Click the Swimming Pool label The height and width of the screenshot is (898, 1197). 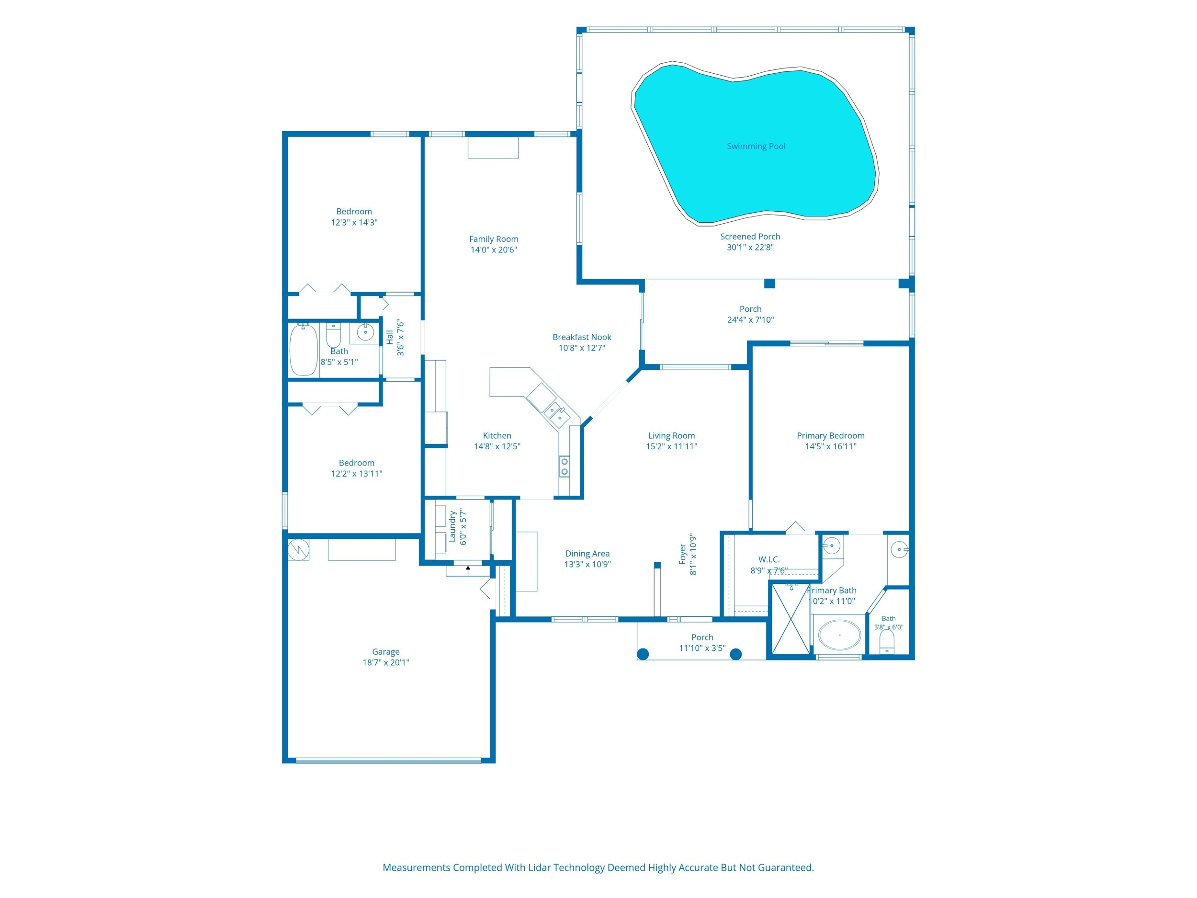pyautogui.click(x=756, y=146)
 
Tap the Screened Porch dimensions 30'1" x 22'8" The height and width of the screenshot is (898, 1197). pyautogui.click(x=750, y=248)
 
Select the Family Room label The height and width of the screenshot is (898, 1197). pyautogui.click(x=494, y=239)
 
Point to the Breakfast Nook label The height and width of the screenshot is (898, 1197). pyautogui.click(x=582, y=337)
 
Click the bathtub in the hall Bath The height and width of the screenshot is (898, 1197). pyautogui.click(x=303, y=349)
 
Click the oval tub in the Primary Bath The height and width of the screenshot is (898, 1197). pyautogui.click(x=839, y=635)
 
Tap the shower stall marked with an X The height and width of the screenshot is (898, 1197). pyautogui.click(x=790, y=619)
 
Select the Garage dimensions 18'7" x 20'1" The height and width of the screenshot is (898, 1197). pyautogui.click(x=386, y=662)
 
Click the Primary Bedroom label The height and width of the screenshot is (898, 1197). pyautogui.click(x=831, y=436)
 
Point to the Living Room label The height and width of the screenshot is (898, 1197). pyautogui.click(x=672, y=436)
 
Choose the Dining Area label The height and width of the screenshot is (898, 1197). pyautogui.click(x=587, y=554)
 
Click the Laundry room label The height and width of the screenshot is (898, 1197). pyautogui.click(x=452, y=527)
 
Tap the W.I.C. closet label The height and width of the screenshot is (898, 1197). pyautogui.click(x=768, y=560)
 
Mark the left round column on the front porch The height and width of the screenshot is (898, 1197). pyautogui.click(x=643, y=654)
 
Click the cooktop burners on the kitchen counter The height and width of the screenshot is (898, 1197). pyautogui.click(x=565, y=466)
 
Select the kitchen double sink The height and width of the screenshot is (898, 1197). pyautogui.click(x=556, y=414)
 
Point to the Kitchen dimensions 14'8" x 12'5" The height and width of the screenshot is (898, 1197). pyautogui.click(x=497, y=446)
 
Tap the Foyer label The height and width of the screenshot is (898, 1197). pyautogui.click(x=683, y=555)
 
